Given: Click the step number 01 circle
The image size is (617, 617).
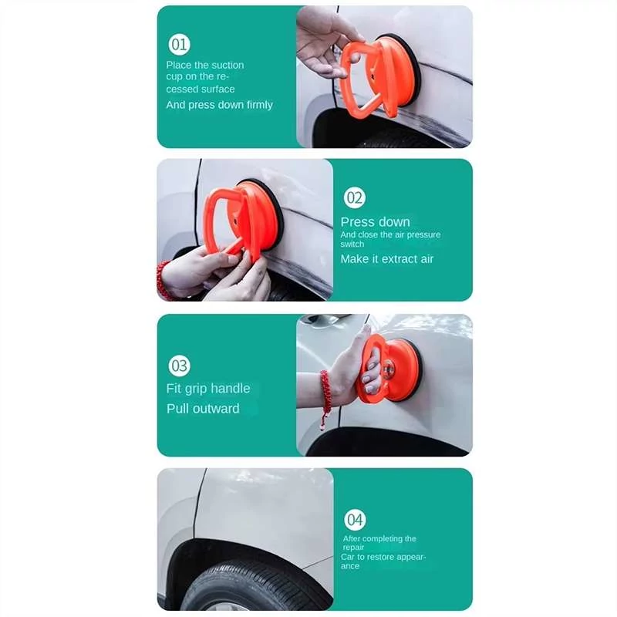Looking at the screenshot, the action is pyautogui.click(x=179, y=44).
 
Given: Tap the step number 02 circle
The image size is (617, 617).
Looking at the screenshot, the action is pyautogui.click(x=355, y=197).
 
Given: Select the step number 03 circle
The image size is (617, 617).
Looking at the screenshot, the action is pyautogui.click(x=180, y=366).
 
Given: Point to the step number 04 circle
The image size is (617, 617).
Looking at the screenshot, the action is pyautogui.click(x=355, y=519).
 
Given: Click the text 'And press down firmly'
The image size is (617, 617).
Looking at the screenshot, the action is pyautogui.click(x=219, y=105).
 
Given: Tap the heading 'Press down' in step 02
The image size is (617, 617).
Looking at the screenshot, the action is pyautogui.click(x=375, y=222).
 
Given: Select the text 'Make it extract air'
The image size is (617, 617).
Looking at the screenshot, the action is pyautogui.click(x=387, y=259).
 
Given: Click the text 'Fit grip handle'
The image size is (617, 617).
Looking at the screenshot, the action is pyautogui.click(x=208, y=389).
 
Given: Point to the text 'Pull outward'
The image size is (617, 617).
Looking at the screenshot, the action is pyautogui.click(x=203, y=409).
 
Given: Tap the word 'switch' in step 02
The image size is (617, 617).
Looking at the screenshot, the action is pyautogui.click(x=352, y=244).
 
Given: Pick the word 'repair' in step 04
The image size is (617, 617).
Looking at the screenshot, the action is pyautogui.click(x=353, y=548).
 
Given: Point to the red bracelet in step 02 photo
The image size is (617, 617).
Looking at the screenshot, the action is pyautogui.click(x=163, y=280).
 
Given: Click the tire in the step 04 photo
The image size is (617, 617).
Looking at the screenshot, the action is pyautogui.click(x=256, y=587).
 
